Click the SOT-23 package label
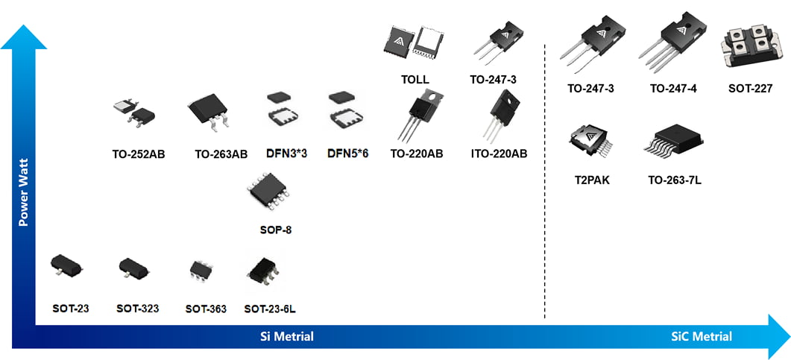71,308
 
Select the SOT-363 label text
206,309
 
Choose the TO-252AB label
138,155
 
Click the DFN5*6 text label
348,154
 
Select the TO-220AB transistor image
417,115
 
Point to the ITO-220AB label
498,154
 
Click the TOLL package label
415,79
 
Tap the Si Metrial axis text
286,336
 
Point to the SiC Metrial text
701,336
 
